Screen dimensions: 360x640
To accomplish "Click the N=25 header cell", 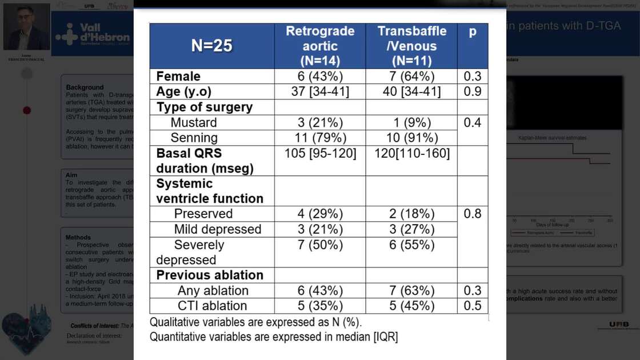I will click(x=211, y=46).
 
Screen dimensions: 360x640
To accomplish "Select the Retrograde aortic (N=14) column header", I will click(x=320, y=46).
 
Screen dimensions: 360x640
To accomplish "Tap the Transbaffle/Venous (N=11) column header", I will click(x=411, y=46).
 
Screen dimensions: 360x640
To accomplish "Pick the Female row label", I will click(x=178, y=77).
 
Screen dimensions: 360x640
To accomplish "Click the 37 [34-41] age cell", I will click(x=320, y=92).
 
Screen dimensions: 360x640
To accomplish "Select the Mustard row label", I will click(x=194, y=122).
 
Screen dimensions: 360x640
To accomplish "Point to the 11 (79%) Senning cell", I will click(x=320, y=138).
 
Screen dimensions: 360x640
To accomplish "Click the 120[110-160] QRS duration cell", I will click(x=411, y=153).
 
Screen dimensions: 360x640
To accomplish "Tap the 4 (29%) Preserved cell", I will click(x=320, y=214).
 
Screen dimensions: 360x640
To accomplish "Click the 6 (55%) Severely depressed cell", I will click(x=411, y=245).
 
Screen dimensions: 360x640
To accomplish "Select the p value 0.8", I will click(x=473, y=214).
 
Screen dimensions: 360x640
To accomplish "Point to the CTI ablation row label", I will click(x=213, y=306).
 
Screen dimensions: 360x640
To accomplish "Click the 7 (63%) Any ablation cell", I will click(x=411, y=290).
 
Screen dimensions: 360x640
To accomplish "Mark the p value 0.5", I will click(x=473, y=306).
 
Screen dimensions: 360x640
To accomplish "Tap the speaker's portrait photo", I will click(x=26, y=27).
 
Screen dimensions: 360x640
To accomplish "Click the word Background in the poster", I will click(x=85, y=87).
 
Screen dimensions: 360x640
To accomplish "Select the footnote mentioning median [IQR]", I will click(x=274, y=337).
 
